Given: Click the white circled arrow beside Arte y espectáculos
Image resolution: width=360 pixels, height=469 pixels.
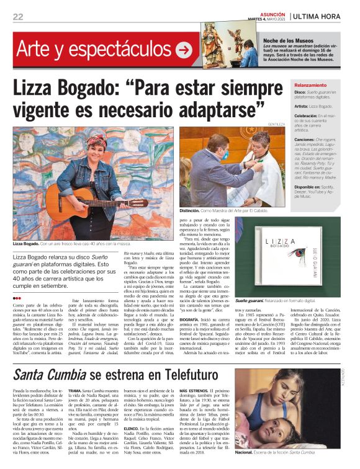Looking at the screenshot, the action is pyautogui.click(x=184, y=50).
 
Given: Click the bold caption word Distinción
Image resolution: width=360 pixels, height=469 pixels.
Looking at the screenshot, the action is pyautogui.click(x=191, y=211).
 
